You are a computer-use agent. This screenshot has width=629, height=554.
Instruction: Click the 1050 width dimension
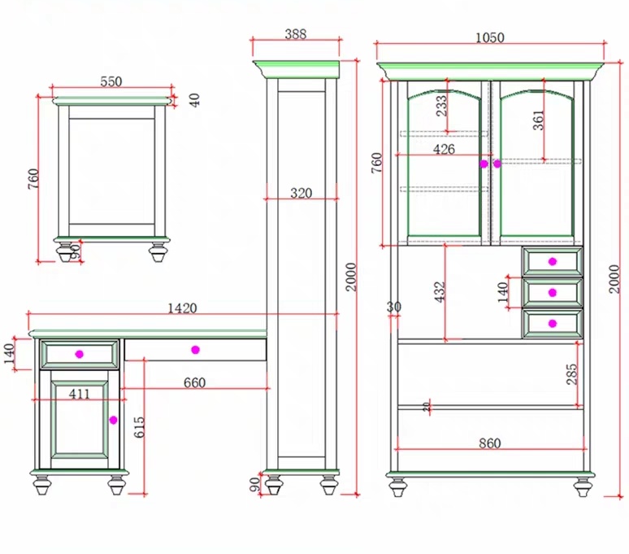coord(489,37)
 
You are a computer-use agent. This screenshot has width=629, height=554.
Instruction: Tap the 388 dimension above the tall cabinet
coord(296,34)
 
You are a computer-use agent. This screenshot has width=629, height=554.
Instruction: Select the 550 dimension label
coord(111,81)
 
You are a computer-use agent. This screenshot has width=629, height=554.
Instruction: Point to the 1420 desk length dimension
coord(182,308)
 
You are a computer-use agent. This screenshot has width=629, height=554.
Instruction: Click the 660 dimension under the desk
coord(194,382)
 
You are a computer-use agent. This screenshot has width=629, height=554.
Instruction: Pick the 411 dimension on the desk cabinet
coord(79,394)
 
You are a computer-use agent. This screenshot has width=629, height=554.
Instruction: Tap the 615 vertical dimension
coord(139,427)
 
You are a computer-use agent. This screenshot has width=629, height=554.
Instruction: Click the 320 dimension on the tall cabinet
coord(301,193)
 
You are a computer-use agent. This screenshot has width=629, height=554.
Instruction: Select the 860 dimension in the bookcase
coord(489,443)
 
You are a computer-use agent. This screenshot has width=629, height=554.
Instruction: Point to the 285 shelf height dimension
coord(571,374)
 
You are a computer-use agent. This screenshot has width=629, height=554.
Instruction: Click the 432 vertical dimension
coord(440,292)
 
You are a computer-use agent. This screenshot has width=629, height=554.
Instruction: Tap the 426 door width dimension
coord(444,150)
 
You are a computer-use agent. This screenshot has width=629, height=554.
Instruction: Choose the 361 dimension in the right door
coord(538,120)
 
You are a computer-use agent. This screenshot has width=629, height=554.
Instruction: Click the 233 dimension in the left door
coord(441,106)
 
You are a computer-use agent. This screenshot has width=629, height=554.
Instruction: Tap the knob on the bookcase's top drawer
coord(553,262)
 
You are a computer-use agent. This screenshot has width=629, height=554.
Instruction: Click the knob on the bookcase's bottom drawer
coord(553,324)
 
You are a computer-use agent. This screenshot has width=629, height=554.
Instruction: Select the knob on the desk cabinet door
coord(113,420)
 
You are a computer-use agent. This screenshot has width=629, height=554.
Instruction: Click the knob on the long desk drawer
coord(195,350)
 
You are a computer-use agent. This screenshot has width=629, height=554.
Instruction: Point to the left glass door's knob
coord(484,164)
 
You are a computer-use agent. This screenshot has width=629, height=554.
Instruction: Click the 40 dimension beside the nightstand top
coord(194,100)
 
